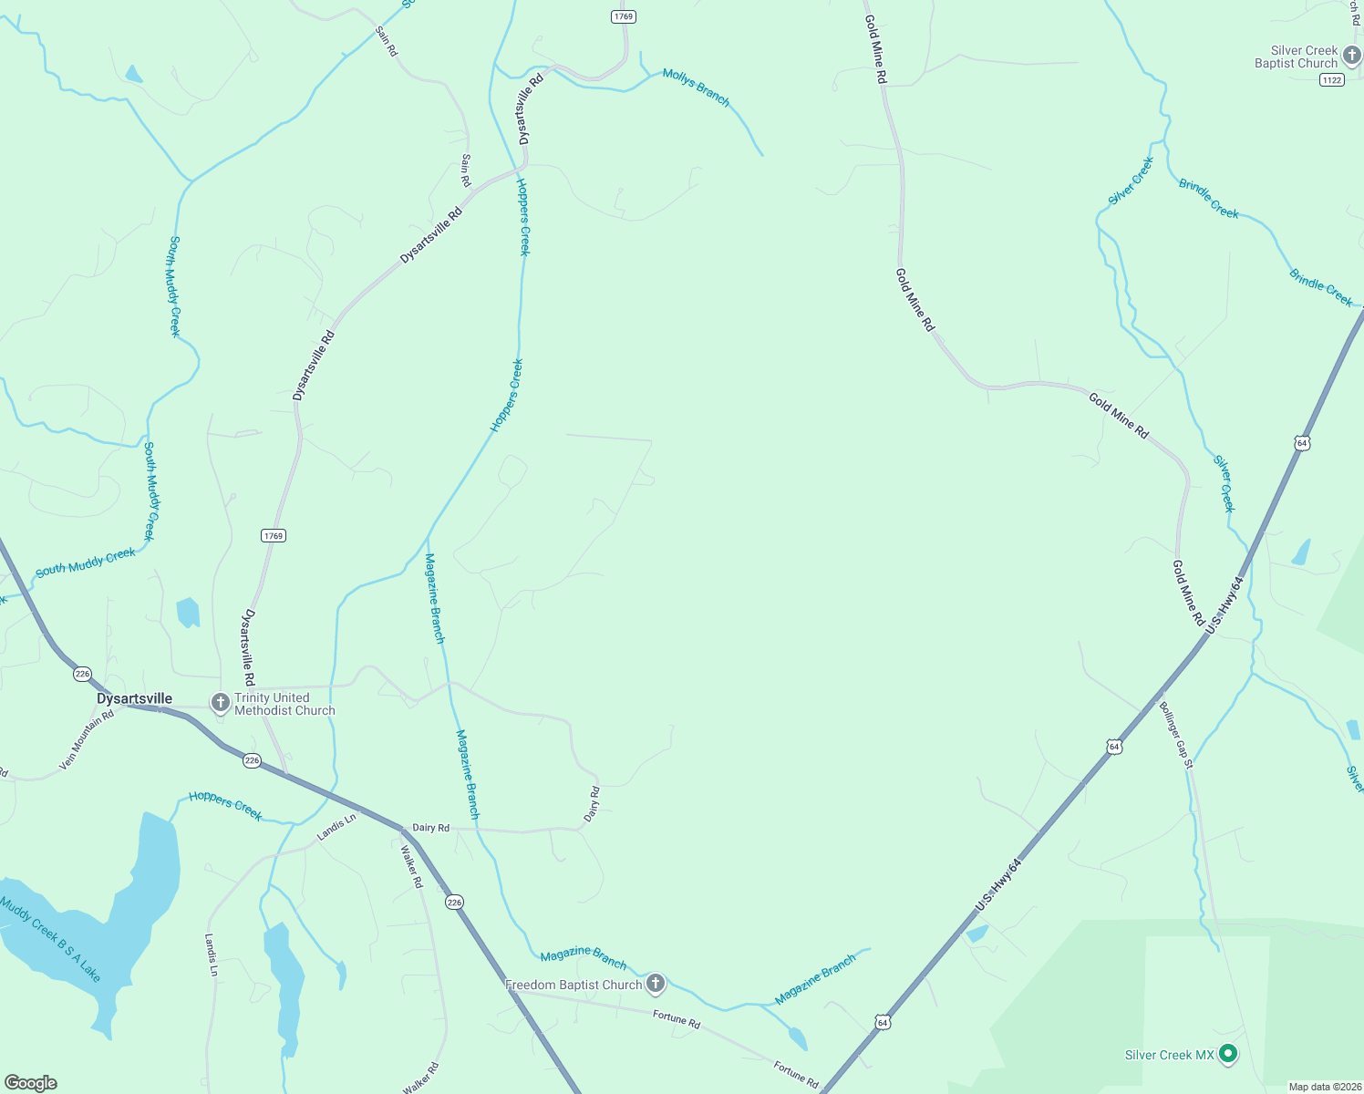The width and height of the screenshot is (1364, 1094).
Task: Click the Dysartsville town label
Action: (x=134, y=698)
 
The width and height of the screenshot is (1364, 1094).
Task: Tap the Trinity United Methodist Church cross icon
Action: (x=220, y=703)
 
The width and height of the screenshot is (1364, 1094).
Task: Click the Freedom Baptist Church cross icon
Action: (x=656, y=984)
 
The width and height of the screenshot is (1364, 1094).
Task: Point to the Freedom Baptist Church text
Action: (x=573, y=985)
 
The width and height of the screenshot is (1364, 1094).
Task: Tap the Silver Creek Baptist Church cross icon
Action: (x=1351, y=56)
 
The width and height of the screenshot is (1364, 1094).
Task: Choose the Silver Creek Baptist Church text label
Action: (x=1296, y=57)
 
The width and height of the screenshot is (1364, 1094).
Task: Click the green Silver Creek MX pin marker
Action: (x=1228, y=1054)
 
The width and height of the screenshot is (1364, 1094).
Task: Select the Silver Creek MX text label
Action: (x=1169, y=1055)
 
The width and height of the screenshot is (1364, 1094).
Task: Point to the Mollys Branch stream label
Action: (x=696, y=88)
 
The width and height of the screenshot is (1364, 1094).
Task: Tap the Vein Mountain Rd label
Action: (x=87, y=739)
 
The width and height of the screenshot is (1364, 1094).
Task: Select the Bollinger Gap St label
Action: (x=1176, y=734)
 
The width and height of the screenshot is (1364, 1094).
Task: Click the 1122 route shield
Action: (x=1331, y=80)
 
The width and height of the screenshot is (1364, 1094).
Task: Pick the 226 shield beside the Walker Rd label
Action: (x=454, y=902)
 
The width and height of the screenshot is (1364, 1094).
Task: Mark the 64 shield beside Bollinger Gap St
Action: (x=1113, y=747)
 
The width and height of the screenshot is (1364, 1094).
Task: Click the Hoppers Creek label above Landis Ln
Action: (x=225, y=805)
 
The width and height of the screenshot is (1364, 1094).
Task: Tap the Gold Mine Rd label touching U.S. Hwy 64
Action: (x=1188, y=593)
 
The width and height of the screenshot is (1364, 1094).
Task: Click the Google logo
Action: (x=31, y=1083)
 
